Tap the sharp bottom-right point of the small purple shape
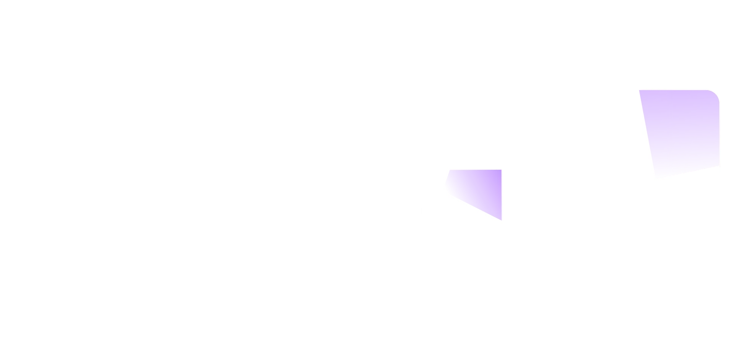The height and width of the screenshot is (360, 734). (500, 219)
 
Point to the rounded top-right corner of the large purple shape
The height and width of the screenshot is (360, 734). (715, 94)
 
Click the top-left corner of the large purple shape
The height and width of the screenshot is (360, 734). (640, 91)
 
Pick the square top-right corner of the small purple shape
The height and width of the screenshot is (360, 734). (500, 170)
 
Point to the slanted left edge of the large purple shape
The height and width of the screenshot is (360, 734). (648, 134)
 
